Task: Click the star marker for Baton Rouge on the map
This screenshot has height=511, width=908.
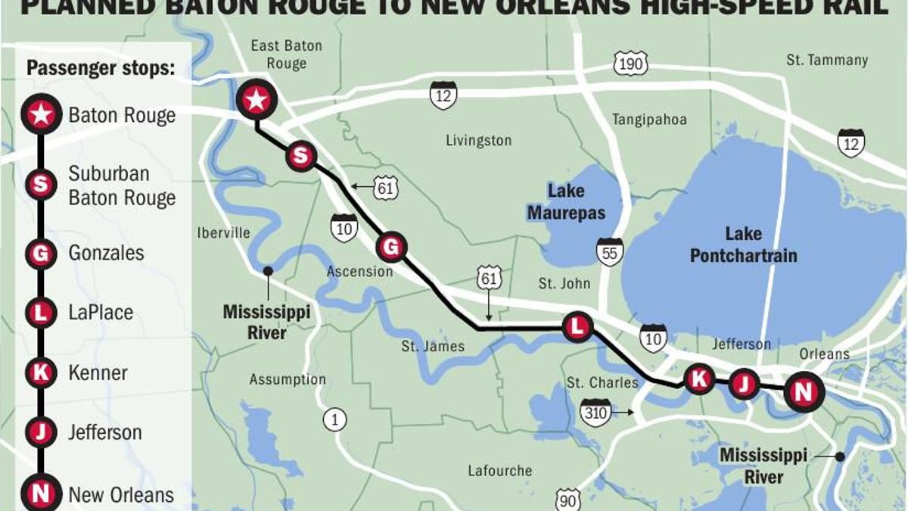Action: pyautogui.click(x=257, y=99)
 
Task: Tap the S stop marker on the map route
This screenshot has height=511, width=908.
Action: pyautogui.click(x=300, y=157)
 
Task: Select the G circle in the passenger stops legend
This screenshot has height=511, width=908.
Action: pyautogui.click(x=40, y=254)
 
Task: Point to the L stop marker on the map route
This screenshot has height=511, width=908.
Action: pyautogui.click(x=577, y=327)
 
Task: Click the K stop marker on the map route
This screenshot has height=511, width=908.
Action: pyautogui.click(x=699, y=379)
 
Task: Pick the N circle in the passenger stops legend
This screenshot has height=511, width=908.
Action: pyautogui.click(x=40, y=494)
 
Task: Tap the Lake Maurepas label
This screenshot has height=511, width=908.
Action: pyautogui.click(x=566, y=202)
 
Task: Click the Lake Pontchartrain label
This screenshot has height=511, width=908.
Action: pyautogui.click(x=743, y=245)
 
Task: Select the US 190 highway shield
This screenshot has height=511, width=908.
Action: pyautogui.click(x=630, y=64)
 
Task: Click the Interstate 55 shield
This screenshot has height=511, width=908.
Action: pyautogui.click(x=609, y=252)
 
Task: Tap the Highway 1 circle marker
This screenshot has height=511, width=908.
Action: pyautogui.click(x=334, y=419)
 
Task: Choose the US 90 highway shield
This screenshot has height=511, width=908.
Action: pyautogui.click(x=568, y=500)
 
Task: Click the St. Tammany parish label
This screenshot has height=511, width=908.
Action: pyautogui.click(x=827, y=60)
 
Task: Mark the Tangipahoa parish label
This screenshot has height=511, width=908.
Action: pyautogui.click(x=649, y=120)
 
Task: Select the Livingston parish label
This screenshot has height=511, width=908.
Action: pyautogui.click(x=478, y=141)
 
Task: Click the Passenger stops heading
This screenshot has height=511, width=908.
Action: pyautogui.click(x=101, y=68)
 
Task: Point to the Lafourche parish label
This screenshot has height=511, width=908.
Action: pyautogui.click(x=499, y=471)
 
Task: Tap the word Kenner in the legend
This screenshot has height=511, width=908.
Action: pyautogui.click(x=98, y=372)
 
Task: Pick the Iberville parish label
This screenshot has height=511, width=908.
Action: pyautogui.click(x=223, y=232)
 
